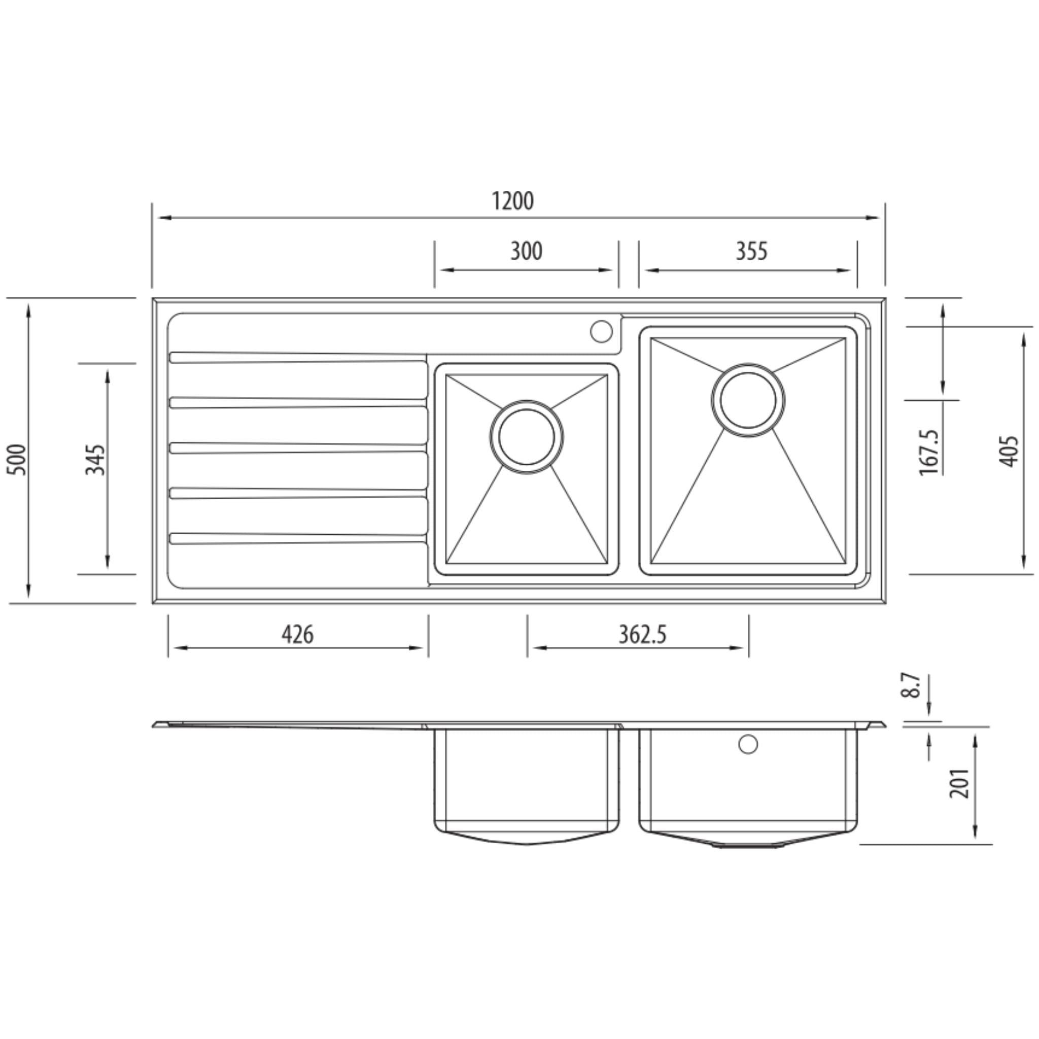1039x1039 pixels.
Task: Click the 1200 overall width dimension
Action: pos(512,201)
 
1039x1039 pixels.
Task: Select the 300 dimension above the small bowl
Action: pos(526,251)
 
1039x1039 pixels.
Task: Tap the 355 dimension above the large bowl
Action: pos(751,251)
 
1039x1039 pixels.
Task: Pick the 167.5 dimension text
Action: pos(929,452)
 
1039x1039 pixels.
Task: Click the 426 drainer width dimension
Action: pos(297,635)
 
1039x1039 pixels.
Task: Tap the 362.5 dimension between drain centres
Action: pos(642,635)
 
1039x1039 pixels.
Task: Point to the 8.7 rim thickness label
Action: pos(911,684)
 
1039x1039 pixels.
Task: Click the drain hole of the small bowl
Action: pos(527,437)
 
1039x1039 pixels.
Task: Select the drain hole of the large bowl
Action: pos(747,400)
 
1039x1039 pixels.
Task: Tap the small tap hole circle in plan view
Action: pos(601,331)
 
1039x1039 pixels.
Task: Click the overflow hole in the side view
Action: pos(748,744)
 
